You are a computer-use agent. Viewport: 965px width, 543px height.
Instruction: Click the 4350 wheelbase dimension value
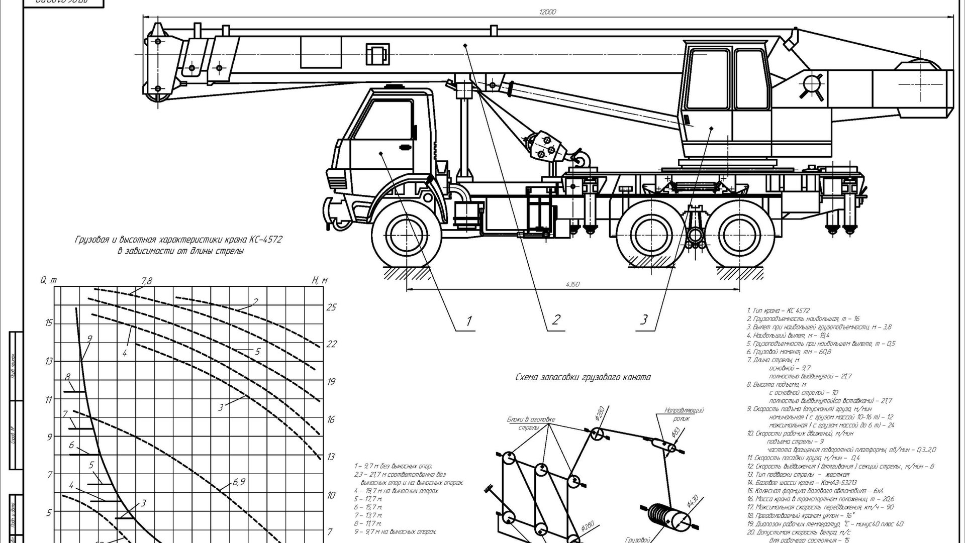572,284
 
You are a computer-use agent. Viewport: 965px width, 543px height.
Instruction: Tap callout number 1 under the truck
469,320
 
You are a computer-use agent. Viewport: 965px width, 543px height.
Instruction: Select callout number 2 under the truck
556,320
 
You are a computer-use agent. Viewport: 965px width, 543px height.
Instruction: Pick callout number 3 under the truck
644,319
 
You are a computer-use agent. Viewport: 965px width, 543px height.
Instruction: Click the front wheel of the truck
405,235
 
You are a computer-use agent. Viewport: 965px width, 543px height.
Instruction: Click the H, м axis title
319,280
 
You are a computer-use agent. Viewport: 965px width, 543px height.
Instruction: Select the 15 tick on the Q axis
48,323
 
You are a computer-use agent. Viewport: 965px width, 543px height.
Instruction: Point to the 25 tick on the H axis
331,307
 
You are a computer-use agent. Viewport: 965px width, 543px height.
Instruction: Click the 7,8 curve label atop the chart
146,281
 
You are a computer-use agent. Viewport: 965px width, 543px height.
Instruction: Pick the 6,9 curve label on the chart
239,482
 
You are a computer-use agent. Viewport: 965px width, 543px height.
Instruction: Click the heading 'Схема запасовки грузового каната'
583,377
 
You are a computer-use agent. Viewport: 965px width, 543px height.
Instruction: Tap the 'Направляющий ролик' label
684,414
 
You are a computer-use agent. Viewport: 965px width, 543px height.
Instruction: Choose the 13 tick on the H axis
331,457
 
